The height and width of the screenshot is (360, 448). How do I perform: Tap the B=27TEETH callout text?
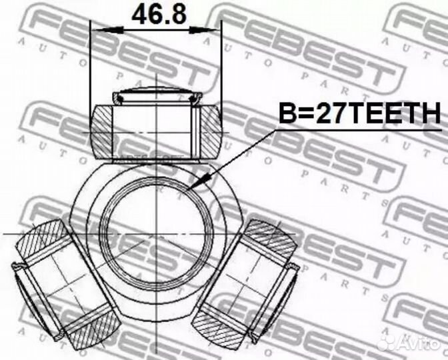[x=359, y=114]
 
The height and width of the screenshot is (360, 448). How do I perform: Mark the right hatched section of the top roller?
[x=209, y=131]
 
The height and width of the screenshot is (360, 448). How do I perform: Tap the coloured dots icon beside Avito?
[x=385, y=343]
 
